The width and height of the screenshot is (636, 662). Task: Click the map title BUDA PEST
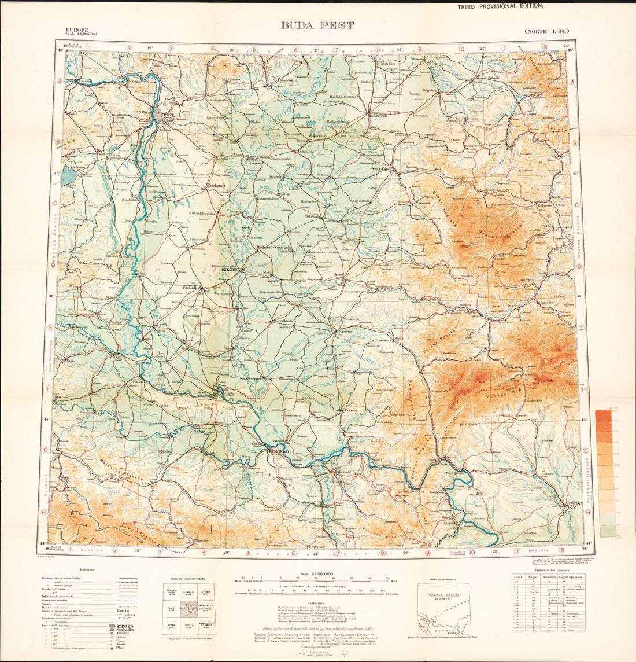pyautogui.click(x=317, y=25)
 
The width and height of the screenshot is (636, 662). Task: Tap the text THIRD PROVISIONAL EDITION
pyautogui.click(x=500, y=6)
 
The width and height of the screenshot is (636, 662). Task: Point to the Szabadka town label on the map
pyautogui.click(x=191, y=288)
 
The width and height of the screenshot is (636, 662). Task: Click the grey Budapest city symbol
pyautogui.click(x=158, y=115)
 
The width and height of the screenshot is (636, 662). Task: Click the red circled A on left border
pyautogui.click(x=60, y=81)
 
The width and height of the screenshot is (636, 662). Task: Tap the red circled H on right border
pyautogui.click(x=587, y=513)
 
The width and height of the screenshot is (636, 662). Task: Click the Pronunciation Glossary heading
pyautogui.click(x=543, y=570)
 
